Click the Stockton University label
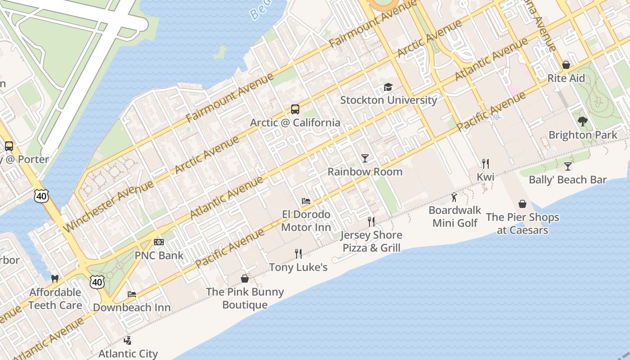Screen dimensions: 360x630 coord(388,100)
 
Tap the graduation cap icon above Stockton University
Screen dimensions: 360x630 coord(388,87)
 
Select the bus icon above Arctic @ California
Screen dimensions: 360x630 coord(295,109)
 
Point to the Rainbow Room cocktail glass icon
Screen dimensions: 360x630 coord(365,158)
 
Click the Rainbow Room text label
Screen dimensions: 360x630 coord(365,171)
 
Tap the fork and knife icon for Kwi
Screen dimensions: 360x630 coord(485,163)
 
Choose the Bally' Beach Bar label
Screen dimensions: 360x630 coord(568,180)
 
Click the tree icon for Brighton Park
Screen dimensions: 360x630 coord(583,121)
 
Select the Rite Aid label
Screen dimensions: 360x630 coord(566,78)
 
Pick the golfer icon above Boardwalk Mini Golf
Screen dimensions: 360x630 coord(454,197)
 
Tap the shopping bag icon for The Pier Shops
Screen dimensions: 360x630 coord(522,204)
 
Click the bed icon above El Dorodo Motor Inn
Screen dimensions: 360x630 coord(306,201)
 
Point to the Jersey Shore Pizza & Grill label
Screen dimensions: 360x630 coord(371,241)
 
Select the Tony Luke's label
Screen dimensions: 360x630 coord(298,267)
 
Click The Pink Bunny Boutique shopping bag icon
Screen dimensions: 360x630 coord(245,279)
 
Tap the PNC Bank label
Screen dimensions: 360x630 coord(159,256)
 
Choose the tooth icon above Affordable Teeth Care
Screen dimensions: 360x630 coord(55,279)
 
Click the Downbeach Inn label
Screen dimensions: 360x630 coord(132,308)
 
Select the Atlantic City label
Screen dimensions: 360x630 coord(128,353)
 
